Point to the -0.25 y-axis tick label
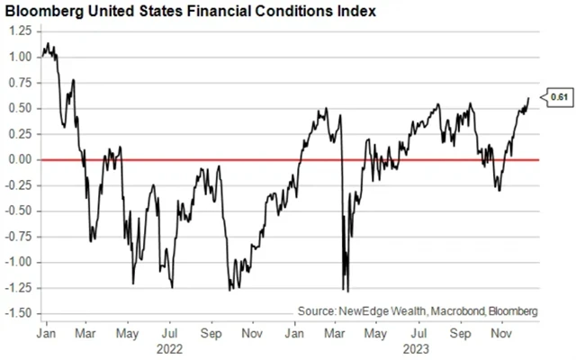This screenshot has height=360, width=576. [15, 185]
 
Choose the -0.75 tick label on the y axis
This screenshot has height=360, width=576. [15, 237]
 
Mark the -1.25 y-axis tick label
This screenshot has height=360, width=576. [15, 288]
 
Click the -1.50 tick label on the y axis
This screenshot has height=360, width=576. [15, 313]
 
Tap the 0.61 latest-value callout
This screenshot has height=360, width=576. [559, 96]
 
